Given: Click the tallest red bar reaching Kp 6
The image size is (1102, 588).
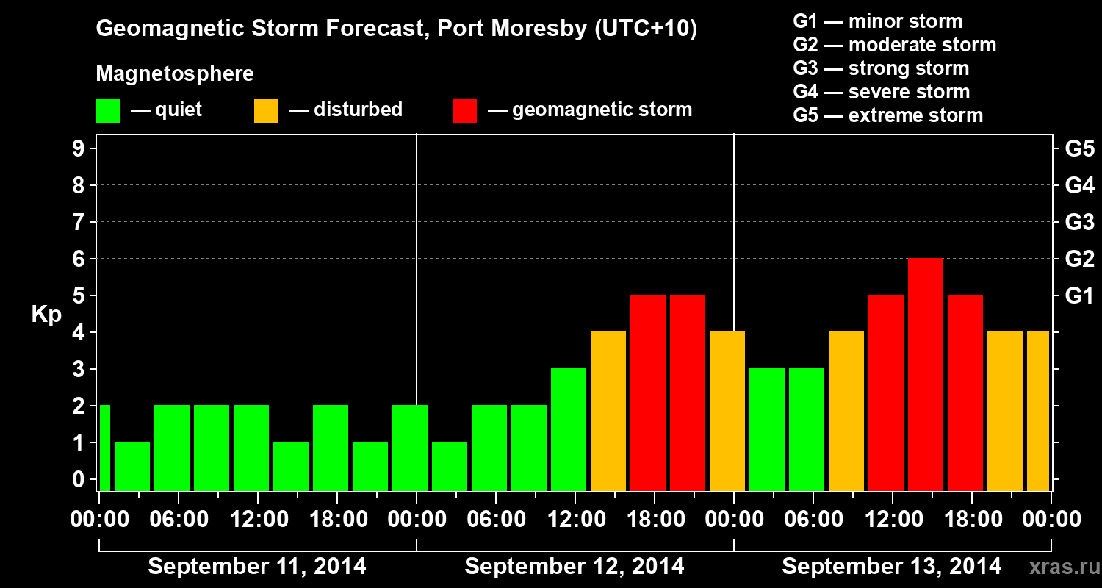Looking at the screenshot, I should pyautogui.click(x=926, y=374).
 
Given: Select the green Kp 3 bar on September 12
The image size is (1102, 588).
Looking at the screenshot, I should pyautogui.click(x=569, y=429).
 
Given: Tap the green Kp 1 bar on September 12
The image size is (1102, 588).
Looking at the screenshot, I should pyautogui.click(x=450, y=466).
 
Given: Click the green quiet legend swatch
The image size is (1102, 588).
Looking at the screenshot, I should pyautogui.click(x=107, y=111).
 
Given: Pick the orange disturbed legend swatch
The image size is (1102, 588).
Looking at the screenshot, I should pyautogui.click(x=266, y=111).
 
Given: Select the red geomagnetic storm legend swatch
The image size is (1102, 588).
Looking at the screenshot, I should pyautogui.click(x=465, y=111).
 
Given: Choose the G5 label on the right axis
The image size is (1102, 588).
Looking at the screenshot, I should pyautogui.click(x=1079, y=148).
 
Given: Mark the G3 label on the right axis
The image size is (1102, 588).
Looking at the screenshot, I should pyautogui.click(x=1079, y=222).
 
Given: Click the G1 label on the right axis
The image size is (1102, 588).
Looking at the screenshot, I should pyautogui.click(x=1079, y=295).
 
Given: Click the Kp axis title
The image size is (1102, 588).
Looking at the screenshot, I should pyautogui.click(x=46, y=315).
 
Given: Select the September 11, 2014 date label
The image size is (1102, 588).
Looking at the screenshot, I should pyautogui.click(x=257, y=567).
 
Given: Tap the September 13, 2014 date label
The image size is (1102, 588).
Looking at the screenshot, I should pyautogui.click(x=891, y=567).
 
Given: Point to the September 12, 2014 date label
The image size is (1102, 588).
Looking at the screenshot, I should pyautogui.click(x=575, y=567).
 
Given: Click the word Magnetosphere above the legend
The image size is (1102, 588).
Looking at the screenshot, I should pyautogui.click(x=175, y=74).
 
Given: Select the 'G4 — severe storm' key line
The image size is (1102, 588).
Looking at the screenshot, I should pyautogui.click(x=882, y=92).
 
